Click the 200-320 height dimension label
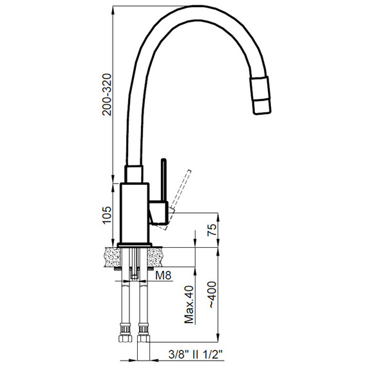tap(107, 94)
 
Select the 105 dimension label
tap(107, 215)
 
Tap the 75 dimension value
tap(212, 230)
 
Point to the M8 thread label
tap(164, 276)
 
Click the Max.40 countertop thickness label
tap(189, 305)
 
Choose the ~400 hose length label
tap(212, 294)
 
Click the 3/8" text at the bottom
tap(178, 354)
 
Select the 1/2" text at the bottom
tap(213, 354)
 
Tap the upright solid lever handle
tap(164, 180)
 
